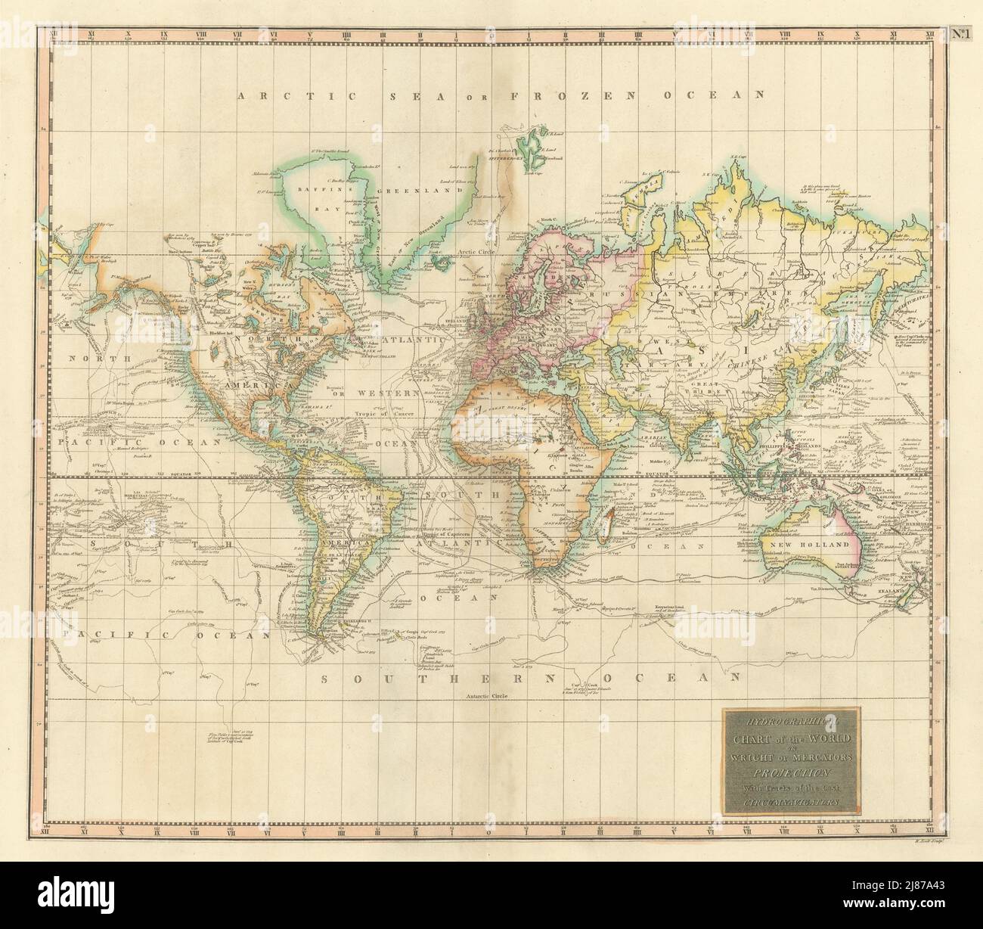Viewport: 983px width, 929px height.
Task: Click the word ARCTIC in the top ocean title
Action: [271, 95]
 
